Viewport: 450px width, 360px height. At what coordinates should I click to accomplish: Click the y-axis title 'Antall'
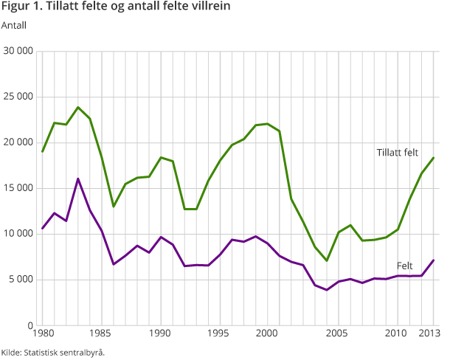point(14,27)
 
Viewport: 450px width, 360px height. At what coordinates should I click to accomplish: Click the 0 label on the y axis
point(30,325)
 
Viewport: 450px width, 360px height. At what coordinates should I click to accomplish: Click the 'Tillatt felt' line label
point(397,152)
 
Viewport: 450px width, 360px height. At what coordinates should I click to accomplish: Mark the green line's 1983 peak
point(78,108)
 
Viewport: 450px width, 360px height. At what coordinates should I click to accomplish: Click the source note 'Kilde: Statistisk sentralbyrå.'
point(53,353)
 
